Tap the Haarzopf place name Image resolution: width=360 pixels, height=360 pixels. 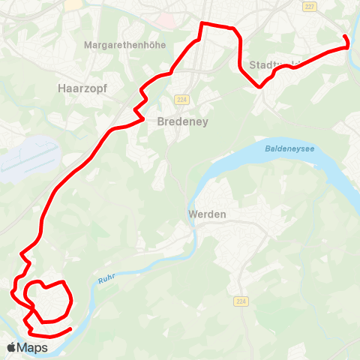coord(82,88)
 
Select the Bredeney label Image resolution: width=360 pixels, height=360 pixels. coord(182,121)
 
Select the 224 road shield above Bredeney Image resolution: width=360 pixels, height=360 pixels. coord(181,100)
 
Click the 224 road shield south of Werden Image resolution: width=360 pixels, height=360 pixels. coord(240,301)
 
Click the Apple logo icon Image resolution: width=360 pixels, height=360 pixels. coord(12,347)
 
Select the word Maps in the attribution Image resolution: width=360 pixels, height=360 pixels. coord(33,347)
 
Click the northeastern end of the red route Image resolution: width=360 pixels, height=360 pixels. coord(344,37)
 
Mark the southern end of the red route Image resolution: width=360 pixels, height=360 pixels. coord(70,328)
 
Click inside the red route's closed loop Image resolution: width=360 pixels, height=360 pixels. coord(49,301)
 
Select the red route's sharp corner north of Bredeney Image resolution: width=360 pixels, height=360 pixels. coord(201,24)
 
